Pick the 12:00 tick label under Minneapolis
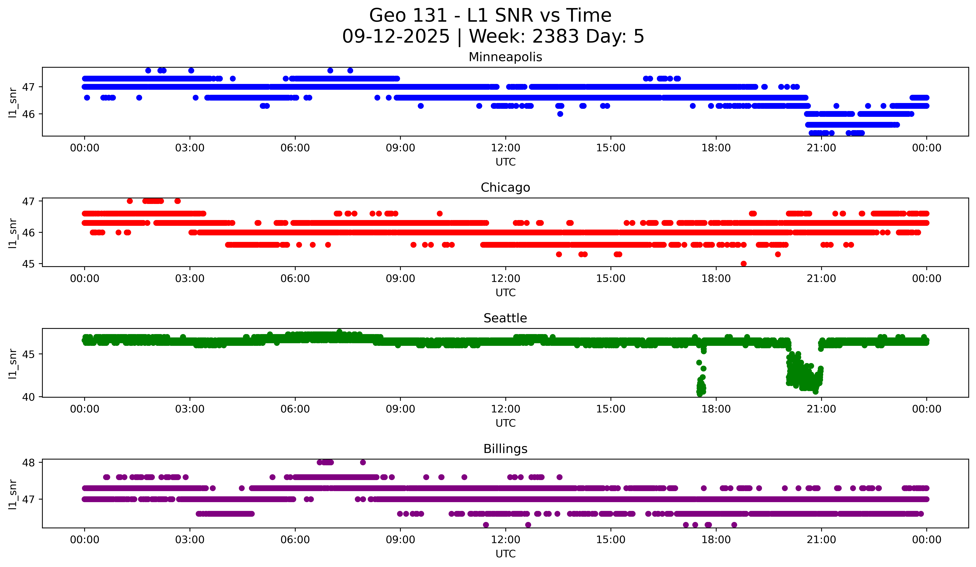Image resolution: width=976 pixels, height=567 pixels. click(x=505, y=148)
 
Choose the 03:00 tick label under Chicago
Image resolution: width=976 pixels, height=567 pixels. click(x=190, y=279)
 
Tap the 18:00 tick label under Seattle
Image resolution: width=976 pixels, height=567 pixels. click(x=716, y=409)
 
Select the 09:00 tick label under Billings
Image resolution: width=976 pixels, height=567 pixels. click(x=400, y=540)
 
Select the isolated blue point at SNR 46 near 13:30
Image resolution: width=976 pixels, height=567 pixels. click(x=560, y=114)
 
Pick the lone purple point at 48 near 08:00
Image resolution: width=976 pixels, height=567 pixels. click(x=363, y=462)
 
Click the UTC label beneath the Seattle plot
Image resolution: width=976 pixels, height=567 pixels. click(x=505, y=423)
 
